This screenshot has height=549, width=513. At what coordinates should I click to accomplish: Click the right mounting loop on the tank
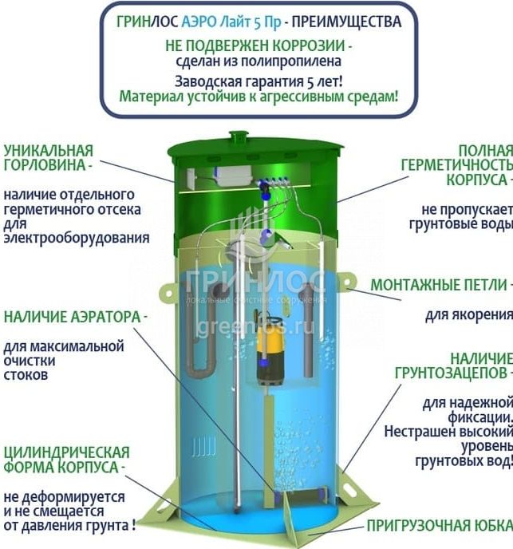(x=347, y=282)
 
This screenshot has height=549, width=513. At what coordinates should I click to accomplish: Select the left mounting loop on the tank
(x=168, y=292)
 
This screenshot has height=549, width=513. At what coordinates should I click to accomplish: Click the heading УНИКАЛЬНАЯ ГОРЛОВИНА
(x=49, y=157)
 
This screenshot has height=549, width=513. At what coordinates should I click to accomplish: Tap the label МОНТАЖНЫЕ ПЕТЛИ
(x=439, y=285)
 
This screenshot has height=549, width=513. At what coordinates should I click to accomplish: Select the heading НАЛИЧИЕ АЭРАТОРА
(x=72, y=317)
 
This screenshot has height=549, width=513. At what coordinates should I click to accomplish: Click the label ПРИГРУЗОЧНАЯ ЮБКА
(x=440, y=525)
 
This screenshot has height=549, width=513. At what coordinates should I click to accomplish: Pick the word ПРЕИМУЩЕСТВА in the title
(x=346, y=22)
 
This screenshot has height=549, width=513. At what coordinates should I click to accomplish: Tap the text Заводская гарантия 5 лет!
(x=258, y=81)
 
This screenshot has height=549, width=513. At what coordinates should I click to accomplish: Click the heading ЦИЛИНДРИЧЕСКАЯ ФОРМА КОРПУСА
(x=66, y=460)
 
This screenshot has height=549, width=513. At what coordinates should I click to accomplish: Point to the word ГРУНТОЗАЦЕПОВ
(x=451, y=373)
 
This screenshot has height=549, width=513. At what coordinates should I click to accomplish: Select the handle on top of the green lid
(x=239, y=135)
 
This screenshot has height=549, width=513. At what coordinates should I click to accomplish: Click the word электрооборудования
(x=77, y=238)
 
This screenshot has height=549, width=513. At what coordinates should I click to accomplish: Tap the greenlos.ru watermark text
(x=255, y=328)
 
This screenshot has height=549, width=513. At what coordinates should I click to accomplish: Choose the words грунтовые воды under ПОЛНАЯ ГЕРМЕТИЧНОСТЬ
(x=461, y=224)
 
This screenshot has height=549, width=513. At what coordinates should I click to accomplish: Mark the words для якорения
(x=469, y=314)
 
